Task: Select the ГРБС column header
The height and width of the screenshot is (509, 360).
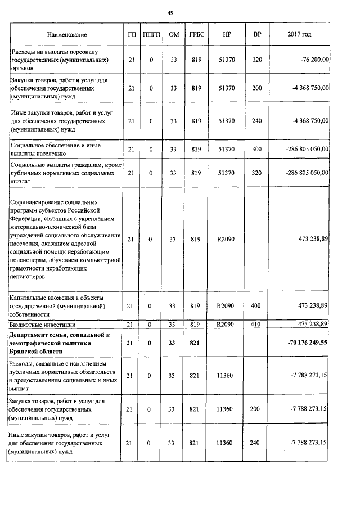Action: (196, 35)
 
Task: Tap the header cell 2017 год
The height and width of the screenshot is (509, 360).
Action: (299, 35)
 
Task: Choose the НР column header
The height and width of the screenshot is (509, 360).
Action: (227, 35)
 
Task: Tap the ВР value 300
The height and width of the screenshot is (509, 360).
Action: (257, 149)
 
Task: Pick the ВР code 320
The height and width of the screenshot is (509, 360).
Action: (257, 173)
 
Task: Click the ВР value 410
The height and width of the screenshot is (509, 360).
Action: (257, 325)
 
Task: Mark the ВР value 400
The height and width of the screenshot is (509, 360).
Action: (257, 306)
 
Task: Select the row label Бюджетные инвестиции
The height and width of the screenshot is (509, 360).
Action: (43, 325)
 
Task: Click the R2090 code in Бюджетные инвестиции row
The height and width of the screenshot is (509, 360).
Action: (226, 325)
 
